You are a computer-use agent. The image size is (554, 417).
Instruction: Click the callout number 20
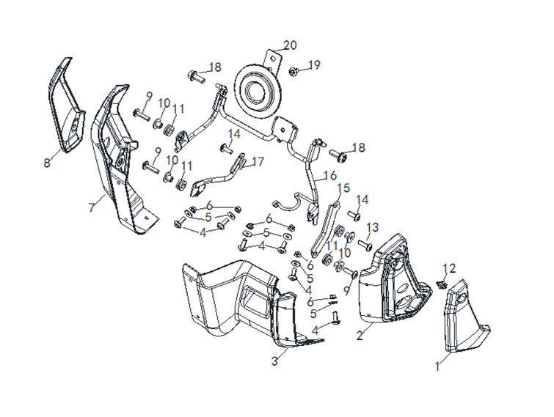tap(290, 45)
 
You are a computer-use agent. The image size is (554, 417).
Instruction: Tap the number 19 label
tap(314, 65)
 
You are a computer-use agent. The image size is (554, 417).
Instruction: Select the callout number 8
tap(47, 163)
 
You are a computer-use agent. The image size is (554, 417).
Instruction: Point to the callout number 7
tap(92, 208)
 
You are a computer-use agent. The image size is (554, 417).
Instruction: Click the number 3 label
tap(274, 361)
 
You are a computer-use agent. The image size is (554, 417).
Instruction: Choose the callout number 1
tap(438, 364)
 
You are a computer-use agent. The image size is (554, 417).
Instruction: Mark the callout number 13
tap(373, 227)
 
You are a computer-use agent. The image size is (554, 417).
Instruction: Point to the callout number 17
tap(258, 162)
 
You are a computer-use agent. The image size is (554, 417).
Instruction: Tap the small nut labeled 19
tap(293, 72)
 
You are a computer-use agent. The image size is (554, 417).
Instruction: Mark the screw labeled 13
tap(365, 243)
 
